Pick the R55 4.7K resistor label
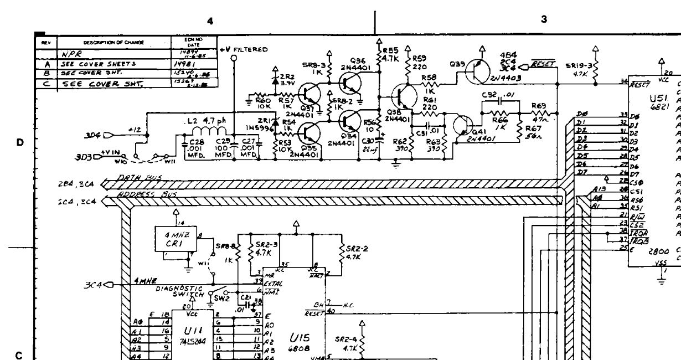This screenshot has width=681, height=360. pyautogui.click(x=391, y=53)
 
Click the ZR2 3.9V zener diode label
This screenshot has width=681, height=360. pyautogui.click(x=287, y=79)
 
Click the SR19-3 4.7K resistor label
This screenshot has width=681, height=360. pyautogui.click(x=579, y=69)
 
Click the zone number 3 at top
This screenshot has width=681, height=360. pyautogui.click(x=544, y=19)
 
